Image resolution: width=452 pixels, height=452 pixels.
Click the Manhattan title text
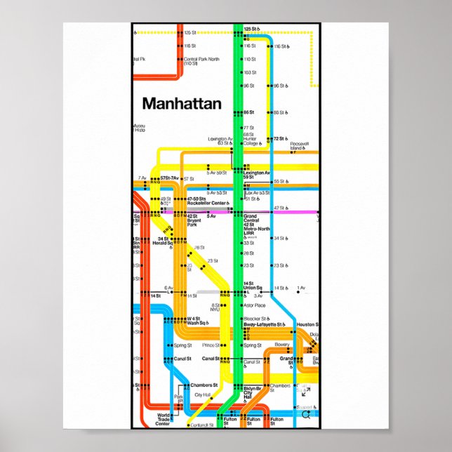(x=182, y=104)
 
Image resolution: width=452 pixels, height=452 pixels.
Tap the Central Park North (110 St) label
(x=200, y=61)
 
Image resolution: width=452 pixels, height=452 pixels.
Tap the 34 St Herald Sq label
(x=165, y=242)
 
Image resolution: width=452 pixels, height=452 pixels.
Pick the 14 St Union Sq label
(x=253, y=286)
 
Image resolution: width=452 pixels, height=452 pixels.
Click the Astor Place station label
(x=254, y=305)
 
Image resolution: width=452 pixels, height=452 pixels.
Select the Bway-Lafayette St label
(x=264, y=325)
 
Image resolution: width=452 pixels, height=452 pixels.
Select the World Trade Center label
(x=163, y=420)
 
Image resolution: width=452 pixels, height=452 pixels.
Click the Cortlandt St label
(x=202, y=425)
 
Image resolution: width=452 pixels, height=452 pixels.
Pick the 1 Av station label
(x=301, y=288)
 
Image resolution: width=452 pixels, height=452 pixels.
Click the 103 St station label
(x=249, y=72)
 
